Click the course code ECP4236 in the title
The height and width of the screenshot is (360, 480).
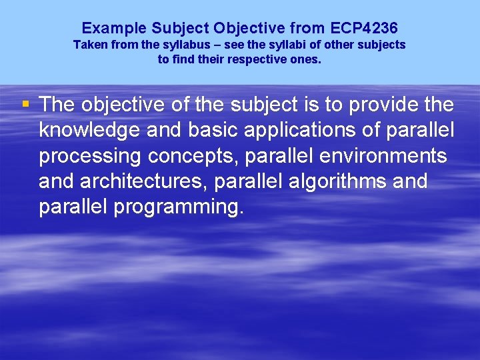[x=363, y=28]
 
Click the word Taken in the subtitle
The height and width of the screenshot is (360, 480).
[x=89, y=45]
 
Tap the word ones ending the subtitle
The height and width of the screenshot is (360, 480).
[x=308, y=59]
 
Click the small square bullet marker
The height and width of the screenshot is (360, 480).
[x=25, y=104]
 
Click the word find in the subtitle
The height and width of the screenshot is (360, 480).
[x=183, y=59]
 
